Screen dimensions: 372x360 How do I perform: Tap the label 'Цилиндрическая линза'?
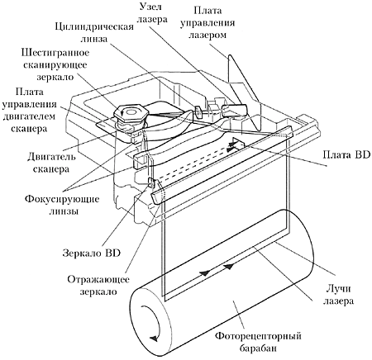pyautogui.click(x=94, y=32)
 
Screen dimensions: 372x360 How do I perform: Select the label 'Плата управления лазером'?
pyautogui.click(x=207, y=22)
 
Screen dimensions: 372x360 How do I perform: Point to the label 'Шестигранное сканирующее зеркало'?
pyautogui.click(x=55, y=64)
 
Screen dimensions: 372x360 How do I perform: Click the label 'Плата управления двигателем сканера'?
pyautogui.click(x=29, y=110)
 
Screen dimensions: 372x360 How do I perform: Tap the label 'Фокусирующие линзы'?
pyautogui.click(x=62, y=205)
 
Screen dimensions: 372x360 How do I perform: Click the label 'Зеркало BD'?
pyautogui.click(x=92, y=253)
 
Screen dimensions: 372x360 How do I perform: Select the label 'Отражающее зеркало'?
pyautogui.click(x=98, y=285)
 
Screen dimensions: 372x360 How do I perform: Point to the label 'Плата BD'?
pyautogui.click(x=346, y=154)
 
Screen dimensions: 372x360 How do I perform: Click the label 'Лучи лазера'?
pyautogui.click(x=338, y=295)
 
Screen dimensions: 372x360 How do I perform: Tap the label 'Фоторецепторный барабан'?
pyautogui.click(x=258, y=342)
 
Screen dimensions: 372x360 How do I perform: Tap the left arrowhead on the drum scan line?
pyautogui.click(x=204, y=273)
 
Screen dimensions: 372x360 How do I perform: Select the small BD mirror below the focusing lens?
pyautogui.click(x=151, y=182)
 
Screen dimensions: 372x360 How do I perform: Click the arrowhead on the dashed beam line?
pyautogui.click(x=231, y=149)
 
